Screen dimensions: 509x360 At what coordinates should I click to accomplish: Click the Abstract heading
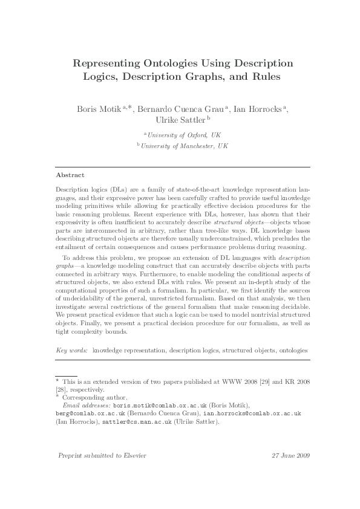70,174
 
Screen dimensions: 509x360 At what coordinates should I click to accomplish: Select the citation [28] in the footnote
61,390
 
